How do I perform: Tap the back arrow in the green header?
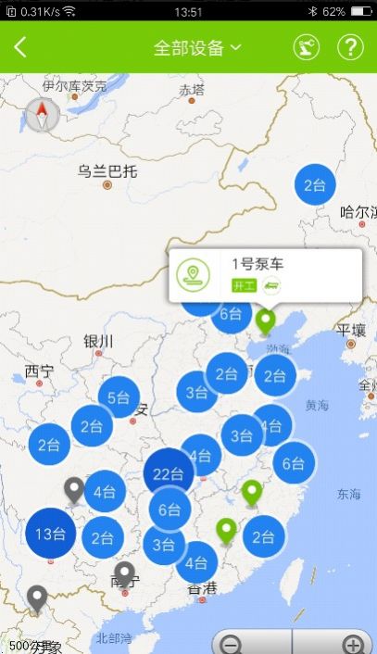[20, 48]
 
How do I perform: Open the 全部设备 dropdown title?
[196, 48]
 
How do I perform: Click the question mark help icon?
[350, 48]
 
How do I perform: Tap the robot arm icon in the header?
[306, 48]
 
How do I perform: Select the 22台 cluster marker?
[169, 474]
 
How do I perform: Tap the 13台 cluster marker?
[50, 534]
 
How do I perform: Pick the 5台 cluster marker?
[119, 398]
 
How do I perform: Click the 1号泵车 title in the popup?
[258, 264]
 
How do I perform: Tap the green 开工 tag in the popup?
[243, 285]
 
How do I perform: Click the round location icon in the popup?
[194, 274]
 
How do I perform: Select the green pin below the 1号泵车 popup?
[267, 321]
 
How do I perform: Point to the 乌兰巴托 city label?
[107, 171]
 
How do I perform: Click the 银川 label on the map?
[98, 341]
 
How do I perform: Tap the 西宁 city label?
[40, 371]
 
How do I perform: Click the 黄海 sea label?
[316, 405]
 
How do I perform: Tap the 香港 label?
[202, 588]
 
